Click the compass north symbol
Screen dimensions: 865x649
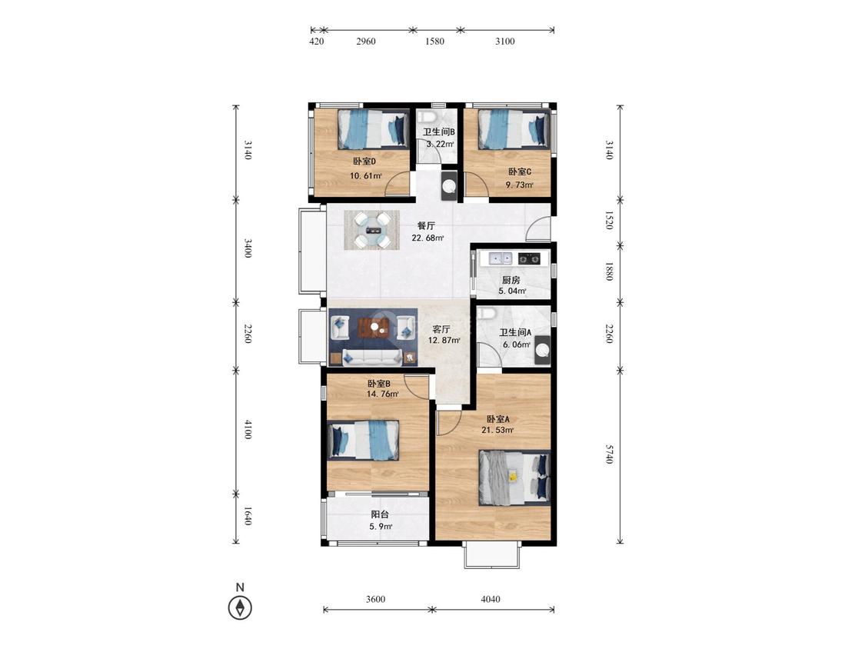pos(240,607)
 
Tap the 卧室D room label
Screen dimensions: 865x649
pos(364,161)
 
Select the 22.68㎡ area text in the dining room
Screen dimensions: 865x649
pos(428,238)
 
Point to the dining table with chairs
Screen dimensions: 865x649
pos(372,230)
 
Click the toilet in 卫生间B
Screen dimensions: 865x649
pos(427,117)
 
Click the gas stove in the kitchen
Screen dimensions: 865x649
pos(529,258)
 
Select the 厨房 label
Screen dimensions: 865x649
pos(511,281)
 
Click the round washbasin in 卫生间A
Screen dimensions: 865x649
pos(542,350)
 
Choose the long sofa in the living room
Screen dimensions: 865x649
pos(372,357)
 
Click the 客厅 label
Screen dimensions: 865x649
pos(441,329)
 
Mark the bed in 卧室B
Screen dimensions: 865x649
pos(363,440)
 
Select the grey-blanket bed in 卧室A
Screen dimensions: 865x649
pos(514,478)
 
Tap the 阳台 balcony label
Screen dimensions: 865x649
pos(380,514)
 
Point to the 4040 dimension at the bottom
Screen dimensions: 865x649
pos(491,599)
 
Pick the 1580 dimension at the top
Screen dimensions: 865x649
pos(434,41)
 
